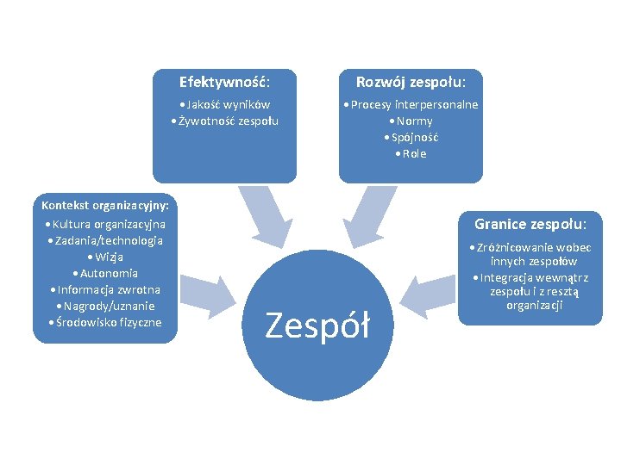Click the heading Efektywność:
click(224, 82)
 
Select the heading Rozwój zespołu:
click(411, 82)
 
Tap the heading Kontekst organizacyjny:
click(104, 205)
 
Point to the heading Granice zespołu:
click(530, 224)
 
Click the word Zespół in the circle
click(317, 325)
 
